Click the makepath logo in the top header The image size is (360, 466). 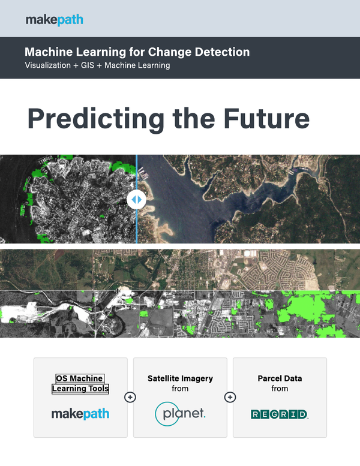click(x=55, y=20)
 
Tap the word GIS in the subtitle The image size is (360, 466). click(x=88, y=65)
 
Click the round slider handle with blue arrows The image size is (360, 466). click(x=136, y=200)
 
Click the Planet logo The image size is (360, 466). click(x=180, y=414)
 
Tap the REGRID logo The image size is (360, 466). click(x=280, y=414)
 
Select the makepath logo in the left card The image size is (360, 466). click(x=80, y=414)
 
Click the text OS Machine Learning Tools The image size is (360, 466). click(x=80, y=384)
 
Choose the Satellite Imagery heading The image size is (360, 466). click(x=180, y=378)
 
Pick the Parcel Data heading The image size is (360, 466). click(x=280, y=378)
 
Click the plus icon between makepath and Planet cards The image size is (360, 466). click(x=130, y=397)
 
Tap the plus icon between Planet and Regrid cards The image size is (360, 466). click(x=230, y=397)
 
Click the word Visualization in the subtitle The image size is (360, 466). click(x=48, y=65)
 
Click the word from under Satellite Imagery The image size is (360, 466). click(x=180, y=389)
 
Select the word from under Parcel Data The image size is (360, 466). click(x=280, y=389)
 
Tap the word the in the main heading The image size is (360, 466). click(x=194, y=119)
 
